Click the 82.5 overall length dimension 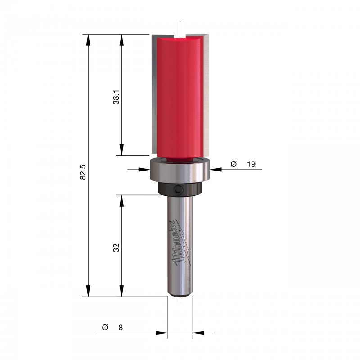click(83, 172)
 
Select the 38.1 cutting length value click(117, 97)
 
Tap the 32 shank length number click(117, 248)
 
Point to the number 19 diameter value click(251, 164)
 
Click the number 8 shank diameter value click(121, 328)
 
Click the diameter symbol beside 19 click(234, 164)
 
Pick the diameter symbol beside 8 click(105, 328)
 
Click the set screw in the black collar click(178, 190)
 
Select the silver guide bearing click(180, 171)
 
